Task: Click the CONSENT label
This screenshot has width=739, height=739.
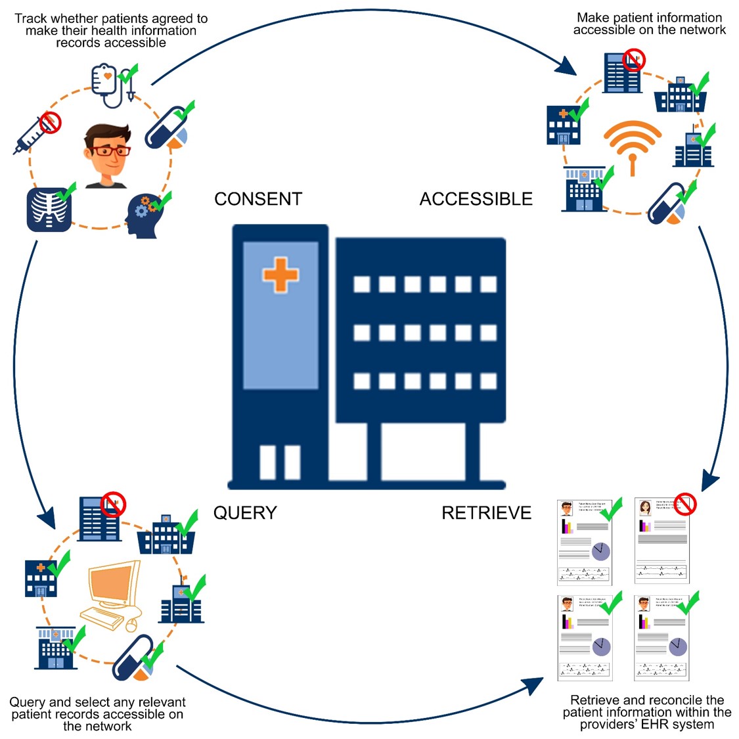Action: point(258,199)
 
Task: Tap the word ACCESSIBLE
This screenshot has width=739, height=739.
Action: point(476,199)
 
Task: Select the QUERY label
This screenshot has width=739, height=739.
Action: point(245,513)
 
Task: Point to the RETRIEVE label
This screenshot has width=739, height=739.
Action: point(486,513)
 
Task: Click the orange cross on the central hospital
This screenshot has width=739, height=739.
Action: point(280,274)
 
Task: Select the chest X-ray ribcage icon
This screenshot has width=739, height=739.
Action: point(49,210)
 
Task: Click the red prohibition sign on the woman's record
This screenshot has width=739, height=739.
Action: point(686,504)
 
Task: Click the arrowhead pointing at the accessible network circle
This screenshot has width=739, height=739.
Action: point(567,66)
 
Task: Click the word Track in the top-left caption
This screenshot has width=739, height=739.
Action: point(32,18)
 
